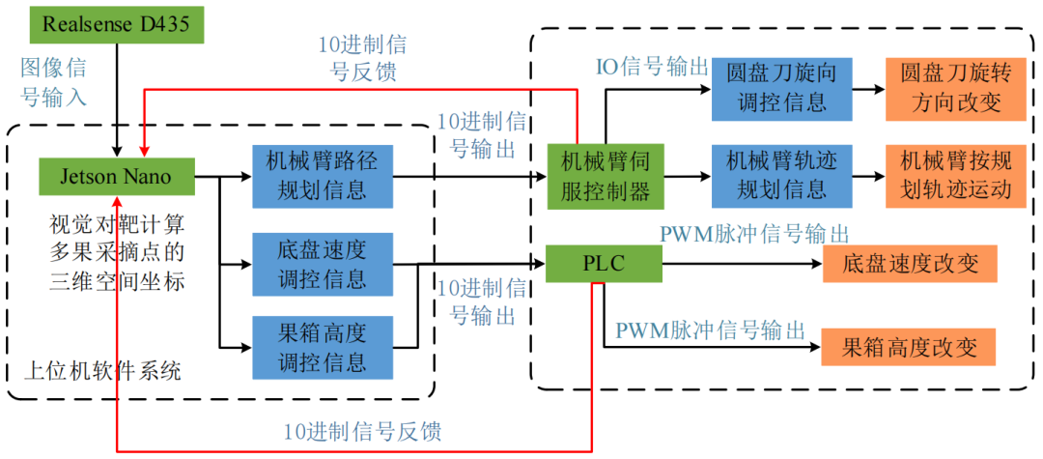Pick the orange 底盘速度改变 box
(x=909, y=264)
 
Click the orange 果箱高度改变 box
(x=908, y=346)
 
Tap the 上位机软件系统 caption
(x=102, y=372)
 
